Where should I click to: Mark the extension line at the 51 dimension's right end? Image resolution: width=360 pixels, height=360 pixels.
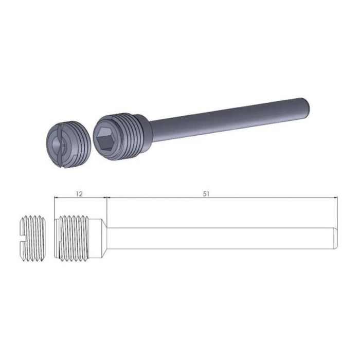337,211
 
